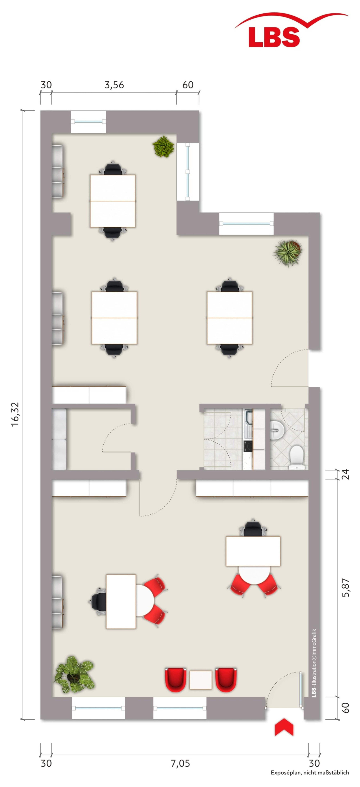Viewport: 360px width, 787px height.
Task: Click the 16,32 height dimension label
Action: coord(15,414)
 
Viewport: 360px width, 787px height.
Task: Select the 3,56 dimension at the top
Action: coord(114,85)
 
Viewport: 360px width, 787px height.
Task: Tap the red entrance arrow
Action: coord(284,727)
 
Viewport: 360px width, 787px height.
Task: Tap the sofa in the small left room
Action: coord(59,439)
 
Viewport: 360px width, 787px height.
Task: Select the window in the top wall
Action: coord(88,122)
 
